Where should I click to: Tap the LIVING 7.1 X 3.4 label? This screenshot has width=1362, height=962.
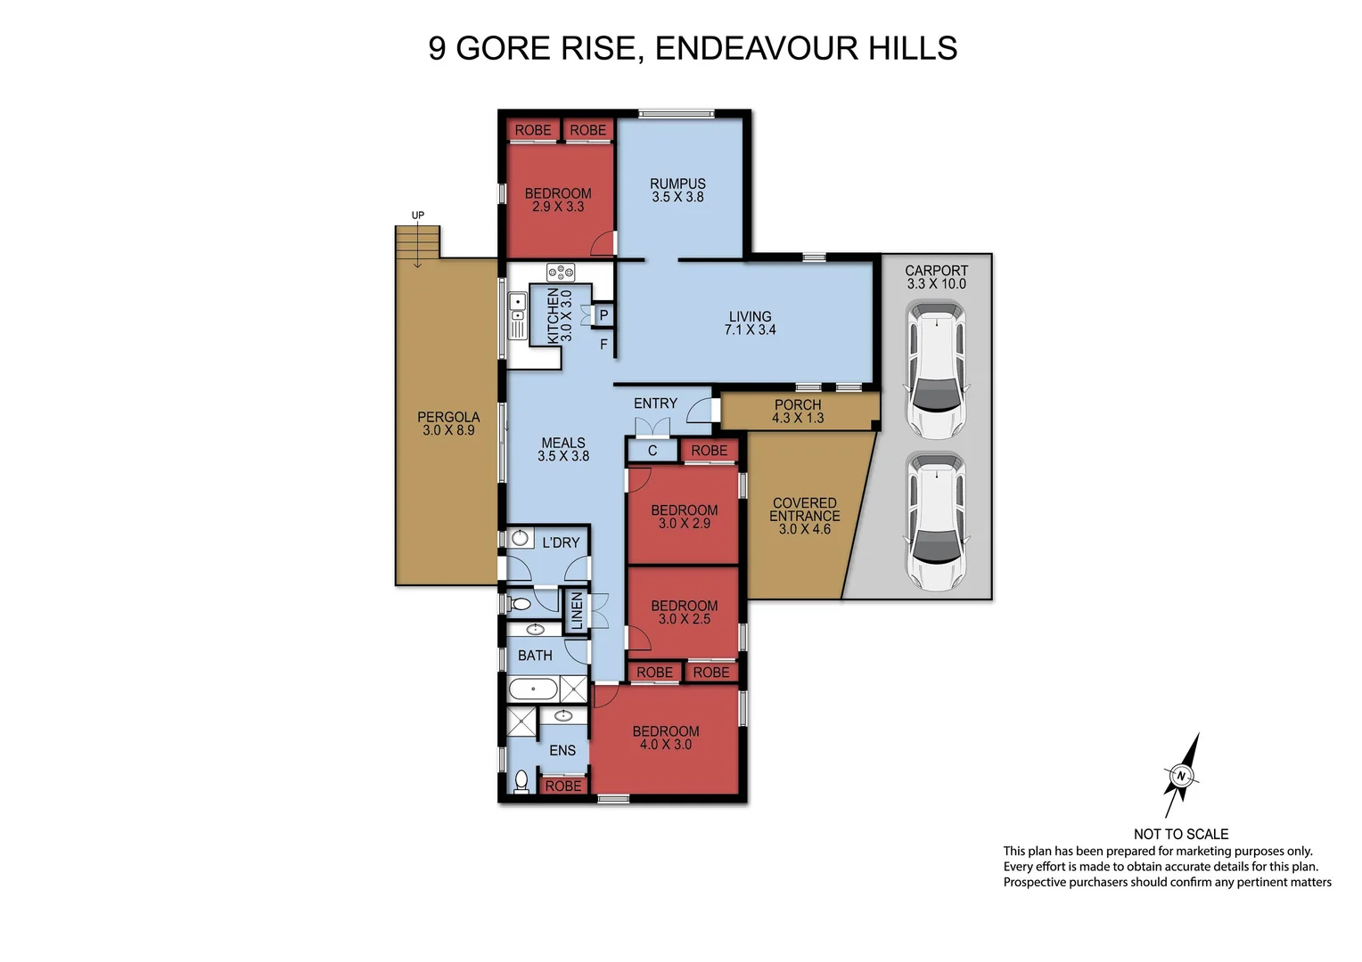(x=750, y=322)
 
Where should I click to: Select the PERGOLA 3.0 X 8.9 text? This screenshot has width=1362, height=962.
(x=448, y=423)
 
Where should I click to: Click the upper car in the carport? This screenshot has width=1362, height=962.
(x=935, y=370)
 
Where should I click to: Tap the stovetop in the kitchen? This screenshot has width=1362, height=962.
(x=561, y=273)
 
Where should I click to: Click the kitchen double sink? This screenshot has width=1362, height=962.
(x=518, y=315)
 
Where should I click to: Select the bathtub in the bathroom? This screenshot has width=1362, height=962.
(x=533, y=689)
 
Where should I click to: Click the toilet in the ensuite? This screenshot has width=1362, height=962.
(x=521, y=781)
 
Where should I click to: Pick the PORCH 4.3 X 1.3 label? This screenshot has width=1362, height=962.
(x=798, y=412)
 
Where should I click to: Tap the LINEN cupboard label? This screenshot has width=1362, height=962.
(x=576, y=611)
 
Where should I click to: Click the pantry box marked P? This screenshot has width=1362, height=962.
(x=603, y=315)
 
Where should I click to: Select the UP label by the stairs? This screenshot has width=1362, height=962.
(x=417, y=216)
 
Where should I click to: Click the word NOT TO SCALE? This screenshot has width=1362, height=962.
(x=1180, y=834)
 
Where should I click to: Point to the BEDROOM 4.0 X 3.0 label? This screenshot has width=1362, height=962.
(x=665, y=738)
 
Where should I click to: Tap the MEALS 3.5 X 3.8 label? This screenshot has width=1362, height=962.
(x=562, y=449)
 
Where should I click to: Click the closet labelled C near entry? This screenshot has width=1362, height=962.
(x=652, y=451)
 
